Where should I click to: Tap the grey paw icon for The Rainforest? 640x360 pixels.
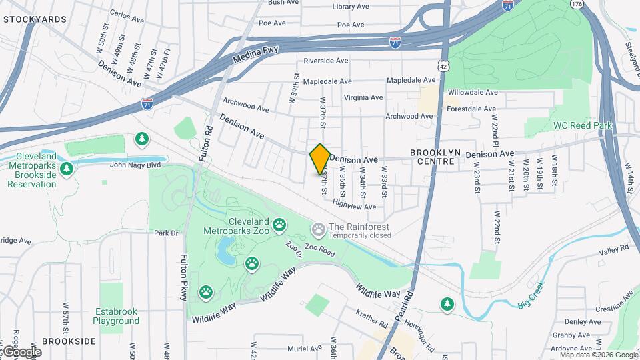click(319, 230)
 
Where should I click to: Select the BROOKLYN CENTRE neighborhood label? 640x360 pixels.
click(435, 157)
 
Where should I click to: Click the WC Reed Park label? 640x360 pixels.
click(573, 125)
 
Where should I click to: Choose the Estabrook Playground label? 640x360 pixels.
click(116, 315)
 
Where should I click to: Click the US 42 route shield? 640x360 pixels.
click(444, 65)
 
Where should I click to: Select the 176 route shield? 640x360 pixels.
click(577, 4)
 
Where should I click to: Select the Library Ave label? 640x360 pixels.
click(351, 7)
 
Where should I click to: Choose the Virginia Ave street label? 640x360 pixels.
click(363, 97)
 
